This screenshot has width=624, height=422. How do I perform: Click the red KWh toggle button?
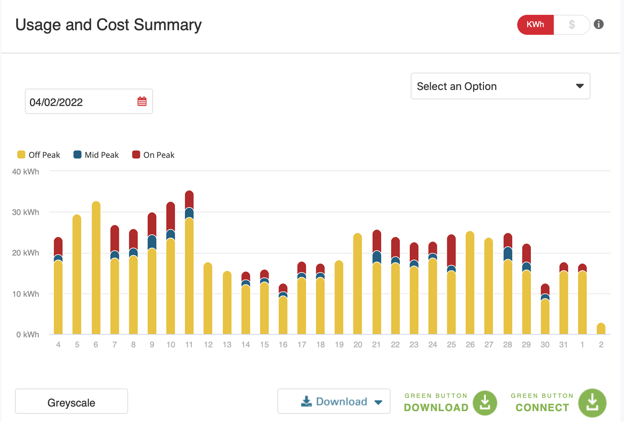pos(535,25)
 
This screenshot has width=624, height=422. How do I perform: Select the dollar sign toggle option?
pos(572,25)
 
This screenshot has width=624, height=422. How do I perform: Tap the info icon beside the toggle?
pos(599,24)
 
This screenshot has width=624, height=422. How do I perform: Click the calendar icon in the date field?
pos(142,102)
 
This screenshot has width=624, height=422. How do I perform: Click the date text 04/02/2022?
pos(56,103)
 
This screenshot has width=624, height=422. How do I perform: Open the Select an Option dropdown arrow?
pos(579,86)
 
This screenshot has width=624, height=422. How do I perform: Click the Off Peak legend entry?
pos(39,155)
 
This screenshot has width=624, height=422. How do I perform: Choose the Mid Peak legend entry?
pos(96,155)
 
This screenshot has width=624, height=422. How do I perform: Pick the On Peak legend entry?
pos(153,155)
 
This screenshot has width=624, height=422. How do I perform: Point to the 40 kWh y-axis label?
pos(25,172)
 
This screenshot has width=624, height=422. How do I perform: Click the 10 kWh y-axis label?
pos(25,294)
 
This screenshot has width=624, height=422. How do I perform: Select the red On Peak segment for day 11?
pos(189,199)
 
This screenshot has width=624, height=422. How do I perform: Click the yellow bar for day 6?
pos(96,271)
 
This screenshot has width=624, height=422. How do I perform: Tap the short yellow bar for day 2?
pos(601,329)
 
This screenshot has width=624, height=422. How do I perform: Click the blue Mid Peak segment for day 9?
pos(152,242)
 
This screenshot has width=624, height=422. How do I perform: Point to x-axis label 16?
pos(283,345)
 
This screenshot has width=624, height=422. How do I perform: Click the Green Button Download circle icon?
pos(485,402)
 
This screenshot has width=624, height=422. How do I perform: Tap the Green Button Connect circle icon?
pos(592,403)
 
